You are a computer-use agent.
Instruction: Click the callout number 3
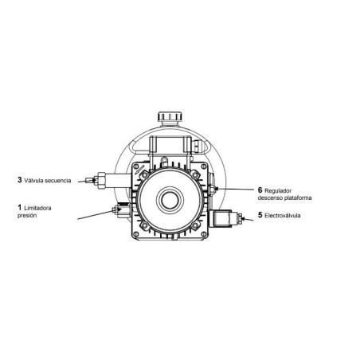[20, 180]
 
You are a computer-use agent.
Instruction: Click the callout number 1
[19, 207]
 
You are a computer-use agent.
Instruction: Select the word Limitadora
[37, 208]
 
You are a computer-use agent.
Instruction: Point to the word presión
[27, 216]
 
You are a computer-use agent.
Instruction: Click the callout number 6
[260, 190]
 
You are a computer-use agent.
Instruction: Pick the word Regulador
[278, 191]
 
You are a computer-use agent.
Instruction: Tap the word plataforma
[298, 198]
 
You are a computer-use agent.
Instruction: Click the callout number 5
[260, 215]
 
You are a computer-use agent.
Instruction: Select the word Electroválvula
[283, 216]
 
